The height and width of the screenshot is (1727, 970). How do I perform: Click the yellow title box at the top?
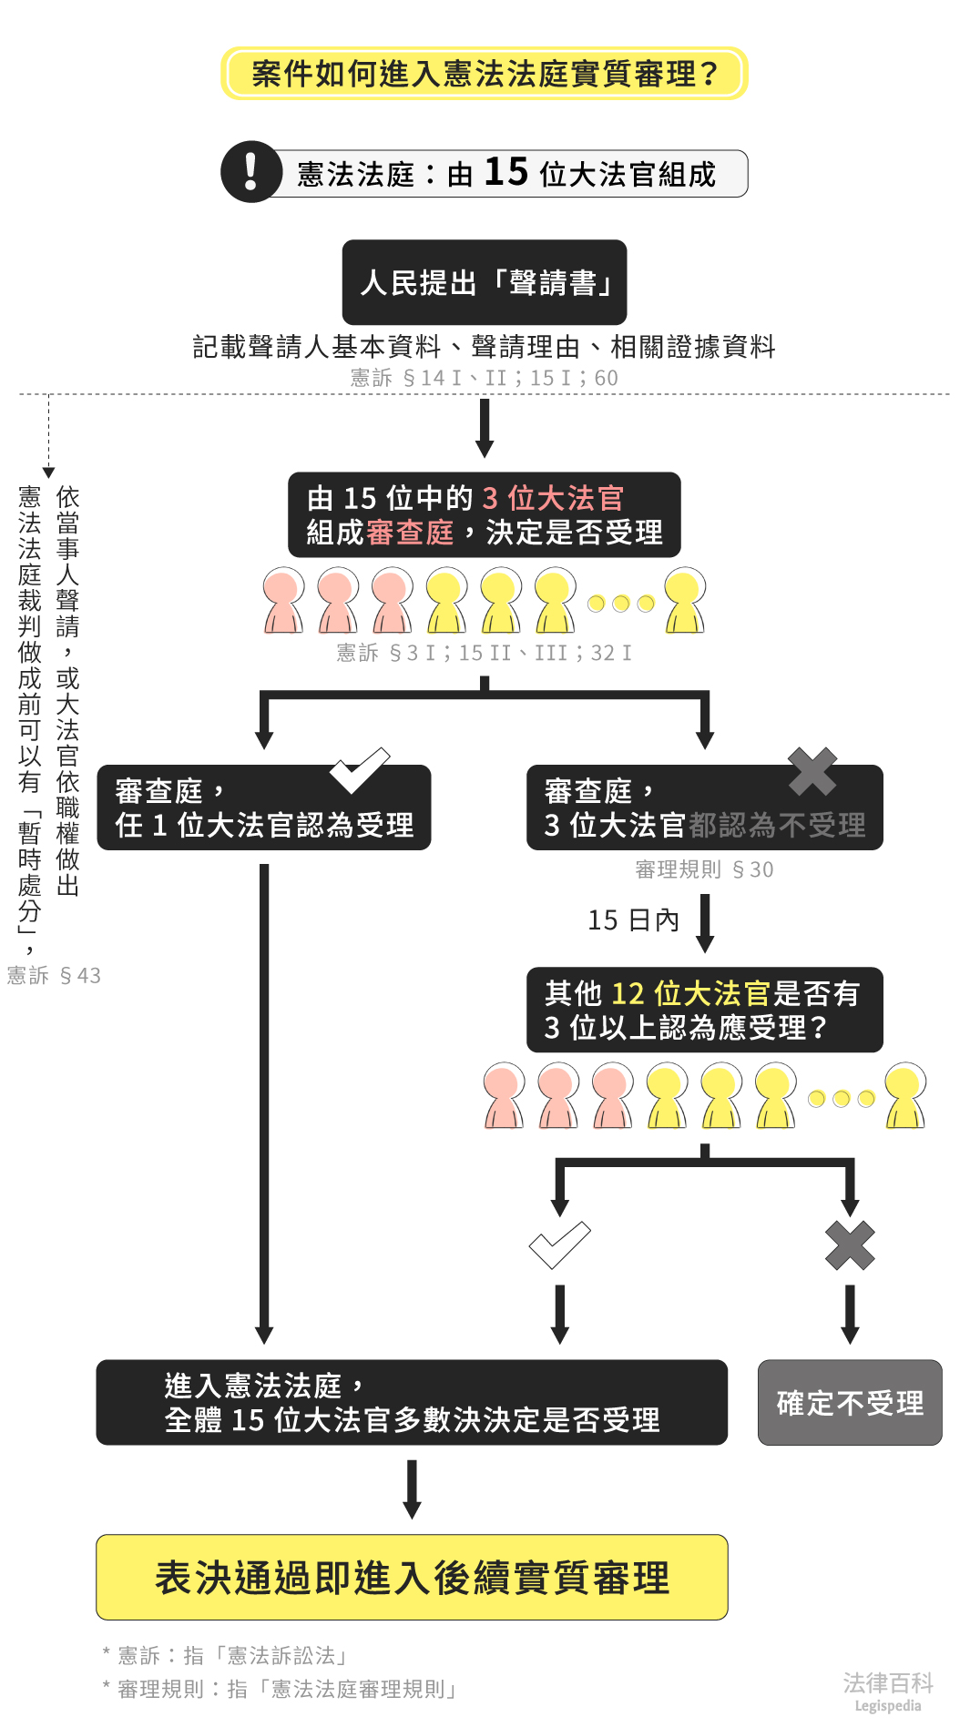pos(484,73)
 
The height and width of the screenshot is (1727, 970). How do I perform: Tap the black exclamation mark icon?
pos(250,171)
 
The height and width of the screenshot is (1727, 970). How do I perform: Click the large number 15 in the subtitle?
pos(505,172)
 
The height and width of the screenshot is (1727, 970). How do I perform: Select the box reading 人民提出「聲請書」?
pos(484,282)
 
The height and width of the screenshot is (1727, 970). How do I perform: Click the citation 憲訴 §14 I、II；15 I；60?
pos(484,378)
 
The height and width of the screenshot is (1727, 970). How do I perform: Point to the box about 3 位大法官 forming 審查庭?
pos(484,514)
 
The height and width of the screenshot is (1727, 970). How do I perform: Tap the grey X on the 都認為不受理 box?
pos(812,771)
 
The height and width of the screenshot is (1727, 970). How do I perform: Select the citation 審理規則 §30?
pos(704,869)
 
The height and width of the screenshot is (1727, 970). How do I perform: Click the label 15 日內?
pos(633,920)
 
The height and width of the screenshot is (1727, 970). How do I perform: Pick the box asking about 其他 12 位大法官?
pos(704,1010)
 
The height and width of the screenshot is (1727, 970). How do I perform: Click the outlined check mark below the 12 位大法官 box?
pos(559,1244)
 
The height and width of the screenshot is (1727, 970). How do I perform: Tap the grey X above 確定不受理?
pos(850,1245)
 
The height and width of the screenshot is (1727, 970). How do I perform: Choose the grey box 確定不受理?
pos(850,1402)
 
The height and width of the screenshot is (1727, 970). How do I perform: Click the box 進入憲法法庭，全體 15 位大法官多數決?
pos(412,1402)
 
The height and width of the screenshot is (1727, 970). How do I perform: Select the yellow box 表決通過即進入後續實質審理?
pos(412,1577)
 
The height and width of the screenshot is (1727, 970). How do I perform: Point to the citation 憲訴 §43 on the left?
pos(54,976)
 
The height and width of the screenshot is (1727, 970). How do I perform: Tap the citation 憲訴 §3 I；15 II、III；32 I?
pos(484,653)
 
